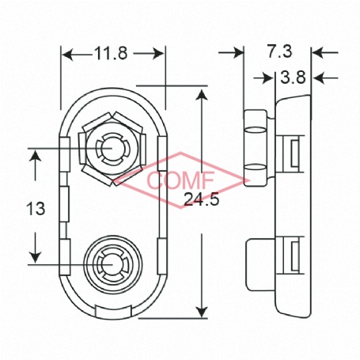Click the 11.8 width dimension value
click(111, 53)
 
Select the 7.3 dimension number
click(280, 51)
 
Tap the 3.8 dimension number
click(293, 78)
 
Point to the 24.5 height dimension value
click(202, 199)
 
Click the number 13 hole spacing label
click(36, 209)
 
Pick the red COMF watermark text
click(180, 180)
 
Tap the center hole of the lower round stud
click(112, 264)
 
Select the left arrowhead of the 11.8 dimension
click(67, 55)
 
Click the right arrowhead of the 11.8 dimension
click(159, 54)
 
